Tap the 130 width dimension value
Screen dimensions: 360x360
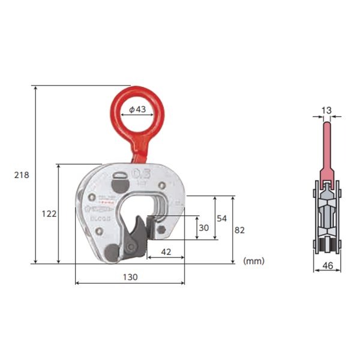point(130,277)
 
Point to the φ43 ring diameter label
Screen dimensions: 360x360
point(137,110)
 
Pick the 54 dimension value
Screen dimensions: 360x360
point(221,218)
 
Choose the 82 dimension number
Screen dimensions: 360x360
point(240,229)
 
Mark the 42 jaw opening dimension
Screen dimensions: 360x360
point(166,253)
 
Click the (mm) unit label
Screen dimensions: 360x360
point(254,261)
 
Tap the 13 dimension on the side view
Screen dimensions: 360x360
point(326,110)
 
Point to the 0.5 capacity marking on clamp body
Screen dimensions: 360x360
point(142,174)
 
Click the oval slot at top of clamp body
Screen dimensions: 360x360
point(120,176)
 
